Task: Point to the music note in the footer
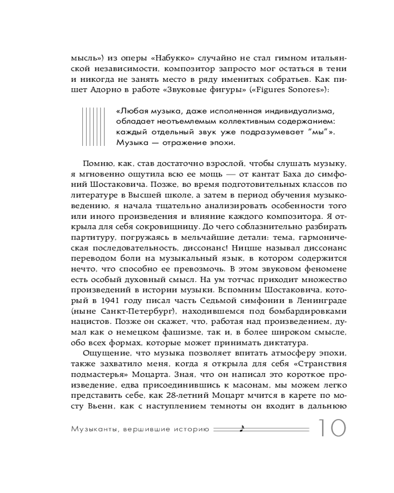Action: pos(241,429)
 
